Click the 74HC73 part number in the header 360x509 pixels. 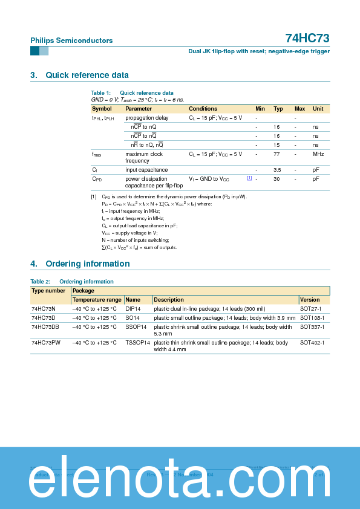[307, 38]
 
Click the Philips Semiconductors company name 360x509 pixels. [71, 41]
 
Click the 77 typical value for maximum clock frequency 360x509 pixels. [277, 154]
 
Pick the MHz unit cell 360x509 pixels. [318, 154]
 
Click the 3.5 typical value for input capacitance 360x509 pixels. [277, 170]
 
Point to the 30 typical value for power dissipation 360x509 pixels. [277, 179]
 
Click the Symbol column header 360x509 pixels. [102, 109]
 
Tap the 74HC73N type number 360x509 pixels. [43, 308]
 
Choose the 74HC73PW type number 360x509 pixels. [46, 343]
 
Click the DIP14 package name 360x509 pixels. [133, 308]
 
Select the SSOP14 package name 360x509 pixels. [136, 327]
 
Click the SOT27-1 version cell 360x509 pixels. [312, 308]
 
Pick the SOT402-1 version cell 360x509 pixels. [313, 343]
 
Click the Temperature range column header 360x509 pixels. [97, 300]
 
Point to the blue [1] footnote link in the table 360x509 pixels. [249, 178]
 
